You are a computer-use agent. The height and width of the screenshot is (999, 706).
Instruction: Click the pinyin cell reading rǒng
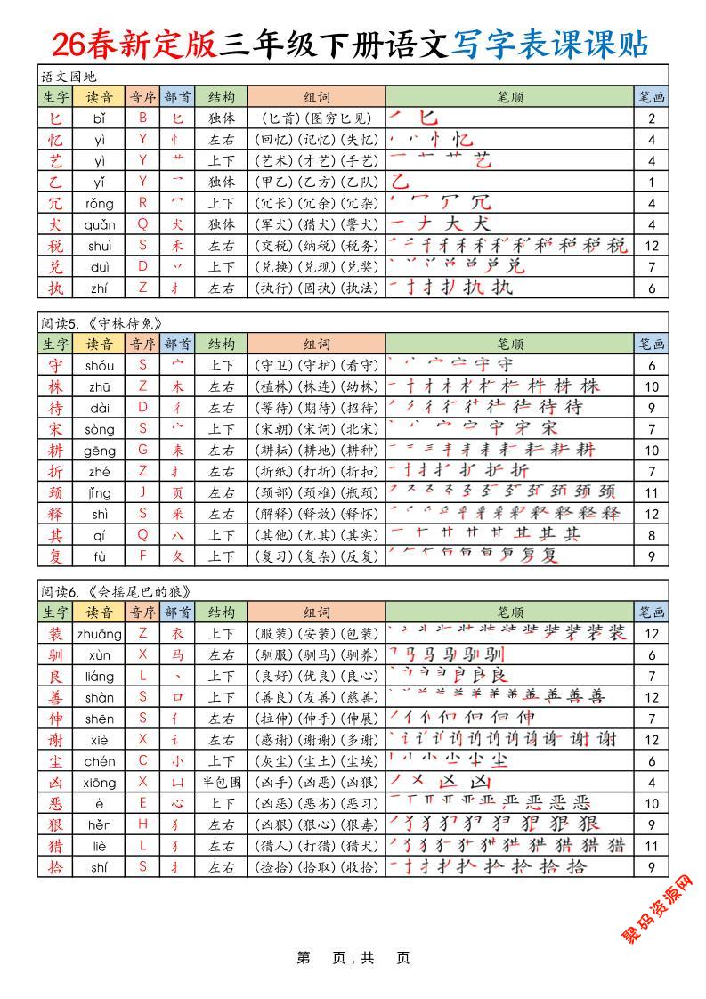click(x=100, y=202)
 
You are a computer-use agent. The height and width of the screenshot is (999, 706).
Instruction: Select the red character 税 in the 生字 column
click(x=55, y=245)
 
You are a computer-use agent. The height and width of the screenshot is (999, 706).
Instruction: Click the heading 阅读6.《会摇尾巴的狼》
click(x=116, y=591)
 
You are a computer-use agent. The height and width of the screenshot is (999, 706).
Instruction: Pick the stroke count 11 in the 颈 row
click(x=652, y=492)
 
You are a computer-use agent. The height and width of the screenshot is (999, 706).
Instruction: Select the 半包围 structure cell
click(x=222, y=783)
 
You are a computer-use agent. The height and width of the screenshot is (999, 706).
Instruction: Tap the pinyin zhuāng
click(x=100, y=633)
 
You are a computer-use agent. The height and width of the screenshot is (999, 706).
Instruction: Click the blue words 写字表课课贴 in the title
click(x=549, y=44)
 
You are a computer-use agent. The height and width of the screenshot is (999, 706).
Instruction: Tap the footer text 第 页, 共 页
click(x=353, y=958)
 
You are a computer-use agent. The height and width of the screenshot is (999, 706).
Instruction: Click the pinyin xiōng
click(x=100, y=783)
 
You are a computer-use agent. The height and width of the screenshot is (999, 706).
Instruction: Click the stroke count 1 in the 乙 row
click(x=652, y=182)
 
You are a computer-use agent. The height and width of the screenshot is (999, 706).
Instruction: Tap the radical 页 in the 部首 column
click(x=178, y=492)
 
